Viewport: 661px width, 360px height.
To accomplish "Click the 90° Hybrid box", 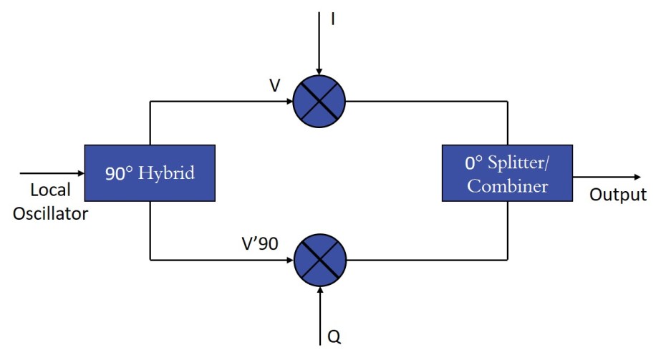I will [x=150, y=173].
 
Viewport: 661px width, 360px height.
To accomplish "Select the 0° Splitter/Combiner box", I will [x=508, y=173].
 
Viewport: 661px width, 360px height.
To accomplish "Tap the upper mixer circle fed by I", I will [x=319, y=100].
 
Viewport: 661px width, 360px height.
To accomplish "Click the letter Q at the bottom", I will [x=334, y=336].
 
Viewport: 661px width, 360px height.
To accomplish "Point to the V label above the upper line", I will [x=275, y=86].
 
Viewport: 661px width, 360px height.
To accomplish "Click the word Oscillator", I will [x=50, y=213].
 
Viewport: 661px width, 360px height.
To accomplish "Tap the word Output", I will [x=617, y=195].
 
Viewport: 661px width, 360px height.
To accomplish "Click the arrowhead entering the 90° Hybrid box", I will [x=79, y=173].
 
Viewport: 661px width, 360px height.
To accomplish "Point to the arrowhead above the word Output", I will [x=635, y=177].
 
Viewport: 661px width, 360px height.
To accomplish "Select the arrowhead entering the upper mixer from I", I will [x=319, y=69].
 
